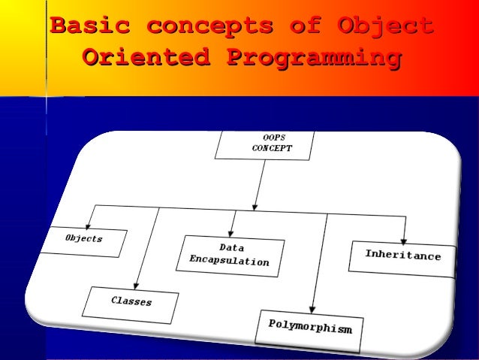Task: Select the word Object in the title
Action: [386, 27]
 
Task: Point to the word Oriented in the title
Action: [142, 57]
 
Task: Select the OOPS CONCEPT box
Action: [264, 144]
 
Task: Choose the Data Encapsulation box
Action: [232, 255]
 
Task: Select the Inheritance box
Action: [402, 256]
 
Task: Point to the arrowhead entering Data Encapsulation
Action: [232, 232]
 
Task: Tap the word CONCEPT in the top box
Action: [272, 149]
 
